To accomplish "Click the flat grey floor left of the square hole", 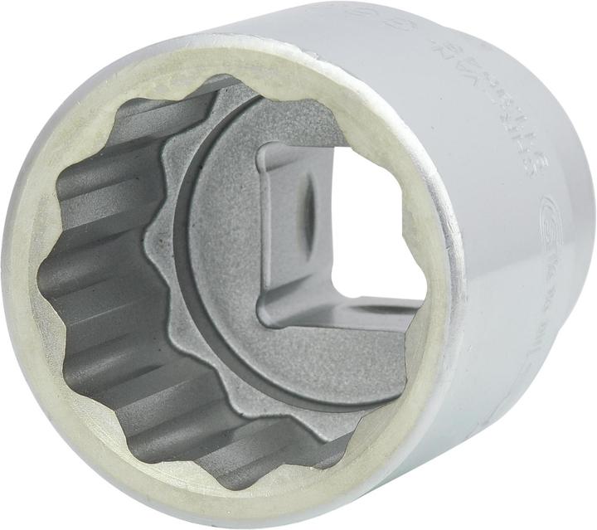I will pyautogui.click(x=224, y=249).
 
